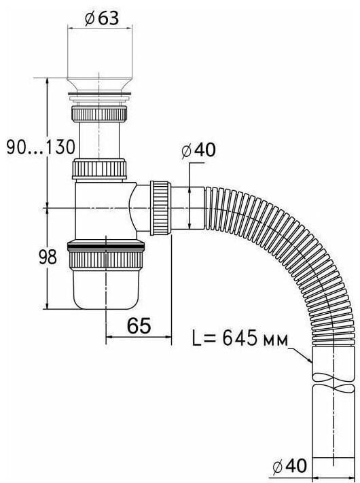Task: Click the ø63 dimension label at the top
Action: pyautogui.click(x=102, y=19)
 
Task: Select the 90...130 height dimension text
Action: pyautogui.click(x=41, y=147)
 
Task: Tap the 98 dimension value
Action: pyautogui.click(x=48, y=257)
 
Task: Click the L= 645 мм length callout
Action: pyautogui.click(x=240, y=338)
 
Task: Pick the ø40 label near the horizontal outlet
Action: pyautogui.click(x=198, y=150)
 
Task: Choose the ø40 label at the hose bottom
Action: pyautogui.click(x=290, y=465)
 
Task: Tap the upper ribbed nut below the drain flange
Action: pyautogui.click(x=100, y=113)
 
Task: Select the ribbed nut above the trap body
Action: pyautogui.click(x=99, y=168)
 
